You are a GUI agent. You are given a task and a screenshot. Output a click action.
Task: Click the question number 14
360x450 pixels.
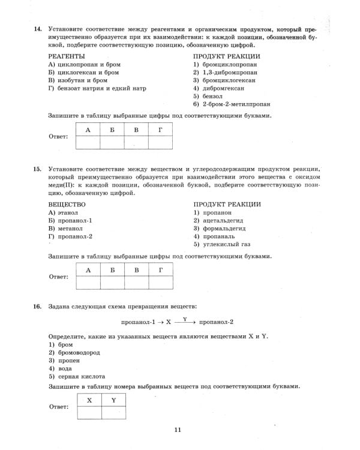pyautogui.click(x=38, y=28)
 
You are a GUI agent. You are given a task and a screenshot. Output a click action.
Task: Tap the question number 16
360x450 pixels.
pyautogui.click(x=38, y=307)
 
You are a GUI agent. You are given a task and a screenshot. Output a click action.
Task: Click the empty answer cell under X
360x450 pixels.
pyautogui.click(x=89, y=412)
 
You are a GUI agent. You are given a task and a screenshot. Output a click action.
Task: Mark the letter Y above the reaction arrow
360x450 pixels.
pyautogui.click(x=185, y=318)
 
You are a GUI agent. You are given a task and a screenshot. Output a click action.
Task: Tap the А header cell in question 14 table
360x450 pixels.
pyautogui.click(x=88, y=130)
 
